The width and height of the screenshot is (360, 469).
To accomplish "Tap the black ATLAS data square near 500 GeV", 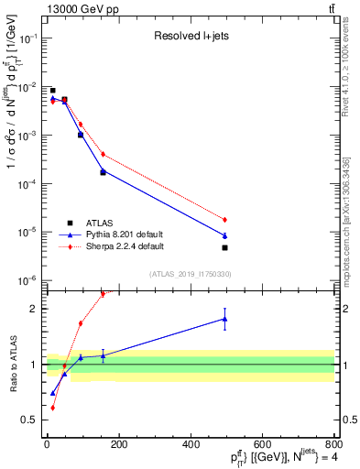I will tap(224, 247).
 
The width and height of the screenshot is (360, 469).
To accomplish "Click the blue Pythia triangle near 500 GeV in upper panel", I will tap(224, 235).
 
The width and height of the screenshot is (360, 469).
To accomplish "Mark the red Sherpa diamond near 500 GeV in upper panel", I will tap(224, 220).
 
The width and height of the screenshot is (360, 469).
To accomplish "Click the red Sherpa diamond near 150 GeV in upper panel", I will tap(103, 154).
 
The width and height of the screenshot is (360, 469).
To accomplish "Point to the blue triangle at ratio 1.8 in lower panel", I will tap(224, 319).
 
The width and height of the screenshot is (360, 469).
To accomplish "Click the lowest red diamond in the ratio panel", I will tap(52, 407).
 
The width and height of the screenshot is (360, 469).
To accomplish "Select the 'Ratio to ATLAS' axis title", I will tap(12, 364).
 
